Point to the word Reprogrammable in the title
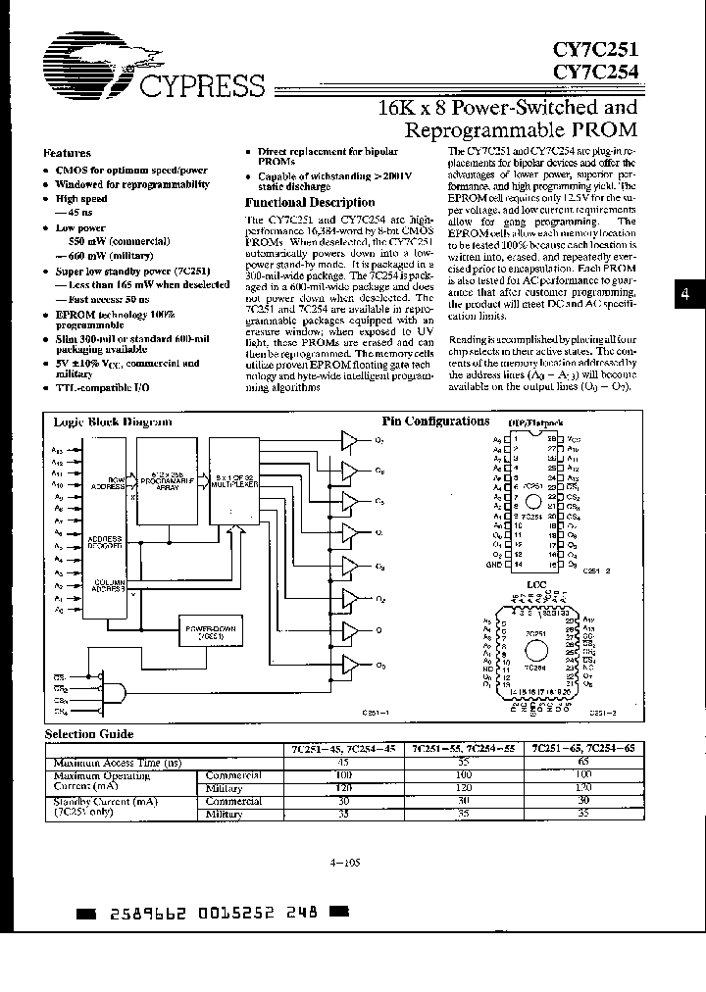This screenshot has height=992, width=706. click(x=471, y=129)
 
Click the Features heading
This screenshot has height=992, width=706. click(x=68, y=153)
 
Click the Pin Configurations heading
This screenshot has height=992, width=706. click(x=435, y=422)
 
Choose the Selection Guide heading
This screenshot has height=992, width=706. click(x=89, y=733)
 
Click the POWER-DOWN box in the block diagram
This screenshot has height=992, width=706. click(x=208, y=630)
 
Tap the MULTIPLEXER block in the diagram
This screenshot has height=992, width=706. click(x=231, y=483)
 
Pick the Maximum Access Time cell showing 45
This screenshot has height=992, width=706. click(x=342, y=762)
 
